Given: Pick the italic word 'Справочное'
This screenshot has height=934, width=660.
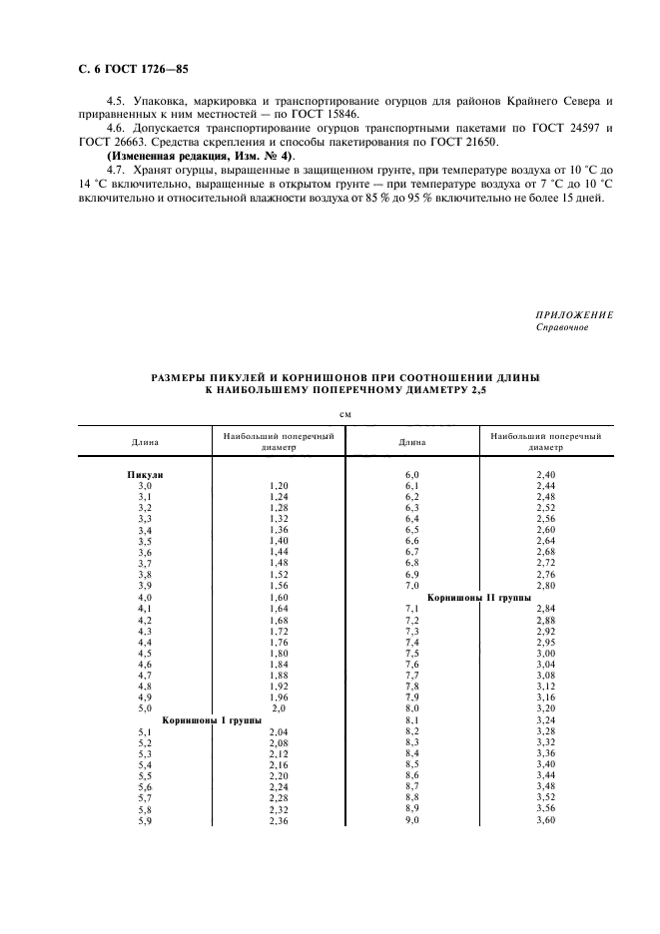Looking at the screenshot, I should pos(562,327).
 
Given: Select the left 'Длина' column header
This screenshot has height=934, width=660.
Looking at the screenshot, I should pos(144,441).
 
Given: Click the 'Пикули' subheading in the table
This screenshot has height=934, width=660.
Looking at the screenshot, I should pos(145,475).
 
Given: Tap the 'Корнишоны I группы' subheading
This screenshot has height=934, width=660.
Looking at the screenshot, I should pos(212,718).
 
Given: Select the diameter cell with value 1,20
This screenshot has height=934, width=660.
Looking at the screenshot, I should pos(279,485).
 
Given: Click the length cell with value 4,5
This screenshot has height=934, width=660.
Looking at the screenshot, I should pos(145,654).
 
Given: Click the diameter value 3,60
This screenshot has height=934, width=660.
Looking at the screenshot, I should pos(545,819).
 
